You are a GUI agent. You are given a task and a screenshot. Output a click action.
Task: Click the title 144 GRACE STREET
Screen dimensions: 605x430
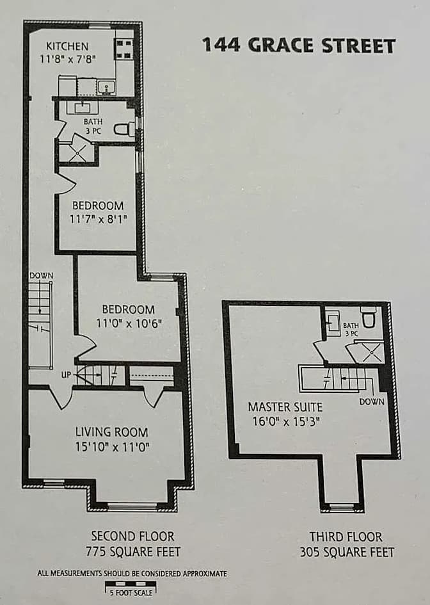(x=298, y=45)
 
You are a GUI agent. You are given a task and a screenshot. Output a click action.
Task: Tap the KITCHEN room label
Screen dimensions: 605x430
(x=67, y=47)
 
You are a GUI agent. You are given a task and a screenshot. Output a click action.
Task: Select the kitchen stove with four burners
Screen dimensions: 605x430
(x=123, y=48)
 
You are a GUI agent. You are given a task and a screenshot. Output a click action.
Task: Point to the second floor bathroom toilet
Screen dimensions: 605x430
(x=123, y=129)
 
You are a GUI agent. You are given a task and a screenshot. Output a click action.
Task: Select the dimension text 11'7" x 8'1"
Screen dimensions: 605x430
(x=98, y=218)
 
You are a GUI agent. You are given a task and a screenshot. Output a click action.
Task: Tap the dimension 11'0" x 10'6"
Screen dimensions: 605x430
(x=128, y=323)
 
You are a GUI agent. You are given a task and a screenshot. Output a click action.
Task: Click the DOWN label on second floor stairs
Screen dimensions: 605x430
(x=41, y=275)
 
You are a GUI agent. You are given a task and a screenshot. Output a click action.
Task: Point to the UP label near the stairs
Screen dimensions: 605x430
(x=66, y=374)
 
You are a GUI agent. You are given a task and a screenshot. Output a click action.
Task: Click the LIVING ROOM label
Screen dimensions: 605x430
(x=111, y=432)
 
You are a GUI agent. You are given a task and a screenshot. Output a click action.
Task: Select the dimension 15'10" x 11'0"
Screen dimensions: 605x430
(x=111, y=447)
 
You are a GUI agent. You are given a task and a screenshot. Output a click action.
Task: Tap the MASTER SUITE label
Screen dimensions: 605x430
(x=285, y=407)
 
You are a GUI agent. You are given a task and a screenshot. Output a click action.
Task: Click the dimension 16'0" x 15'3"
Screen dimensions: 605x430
(x=285, y=421)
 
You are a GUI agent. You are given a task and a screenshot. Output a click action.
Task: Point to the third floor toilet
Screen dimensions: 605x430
(x=368, y=316)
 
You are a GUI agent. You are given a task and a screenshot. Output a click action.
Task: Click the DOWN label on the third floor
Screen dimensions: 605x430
(x=372, y=401)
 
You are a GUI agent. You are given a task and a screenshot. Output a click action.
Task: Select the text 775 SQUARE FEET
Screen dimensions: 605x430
(x=132, y=551)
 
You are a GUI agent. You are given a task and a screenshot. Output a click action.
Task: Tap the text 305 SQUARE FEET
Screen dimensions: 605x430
(x=347, y=551)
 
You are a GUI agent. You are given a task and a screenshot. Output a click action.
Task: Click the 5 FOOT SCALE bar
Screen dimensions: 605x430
(x=130, y=584)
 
